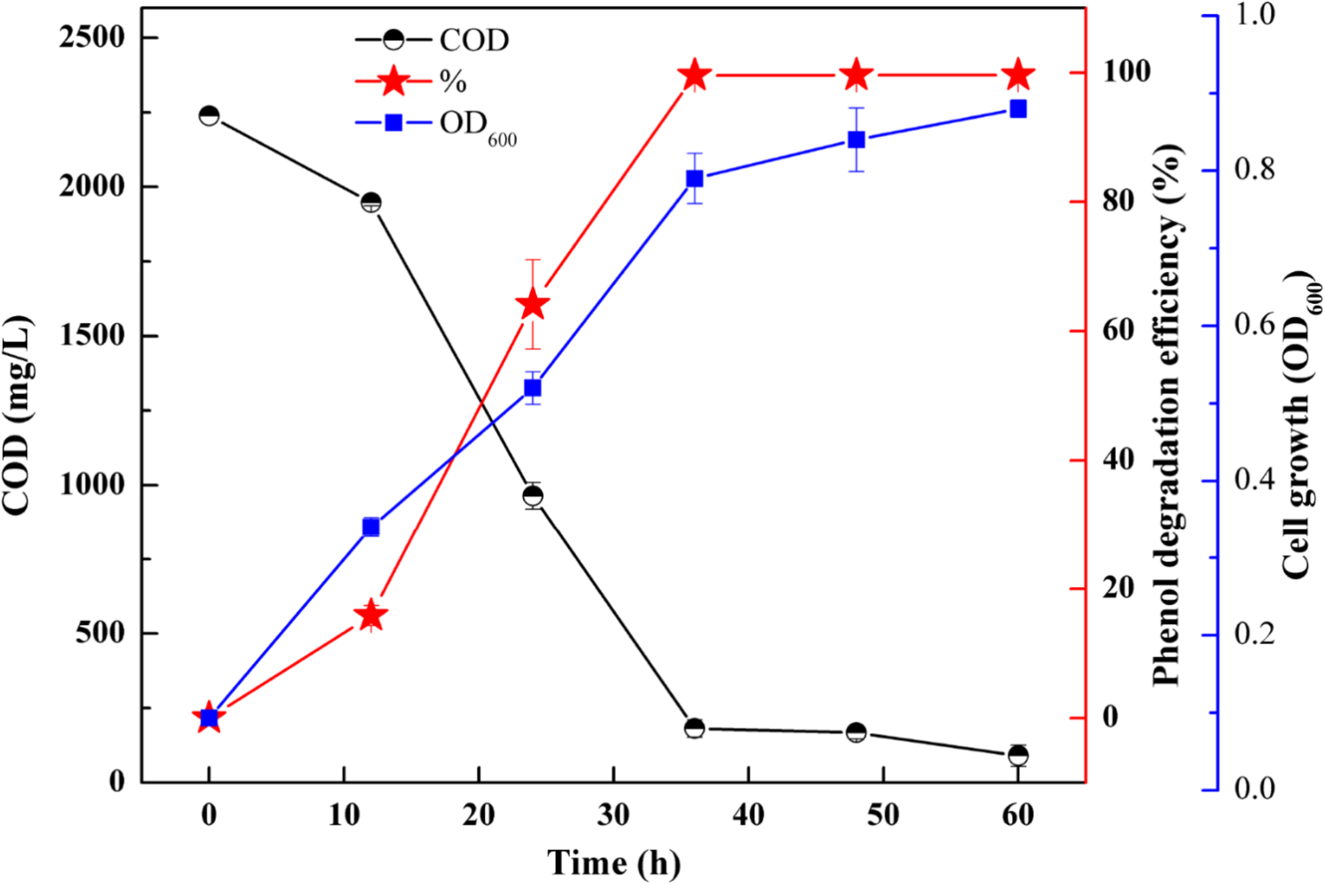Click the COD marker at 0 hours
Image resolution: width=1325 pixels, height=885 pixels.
(209, 116)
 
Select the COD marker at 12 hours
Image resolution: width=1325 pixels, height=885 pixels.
(371, 202)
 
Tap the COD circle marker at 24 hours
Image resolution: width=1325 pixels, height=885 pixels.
(533, 496)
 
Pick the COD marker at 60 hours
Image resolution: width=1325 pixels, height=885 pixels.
(1018, 755)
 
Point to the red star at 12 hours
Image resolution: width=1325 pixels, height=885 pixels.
(371, 616)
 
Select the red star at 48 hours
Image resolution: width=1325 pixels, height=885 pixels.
(856, 75)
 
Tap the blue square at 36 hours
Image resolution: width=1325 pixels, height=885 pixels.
(695, 179)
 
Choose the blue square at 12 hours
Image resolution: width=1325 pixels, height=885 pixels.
(371, 528)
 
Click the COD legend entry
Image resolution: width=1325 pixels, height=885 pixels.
(432, 41)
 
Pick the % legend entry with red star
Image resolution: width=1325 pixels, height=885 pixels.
(412, 82)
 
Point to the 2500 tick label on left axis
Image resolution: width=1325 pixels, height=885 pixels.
(91, 38)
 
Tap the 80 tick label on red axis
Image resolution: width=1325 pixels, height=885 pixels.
(1118, 201)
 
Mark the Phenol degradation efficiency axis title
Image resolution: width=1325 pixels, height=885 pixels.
(1167, 415)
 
